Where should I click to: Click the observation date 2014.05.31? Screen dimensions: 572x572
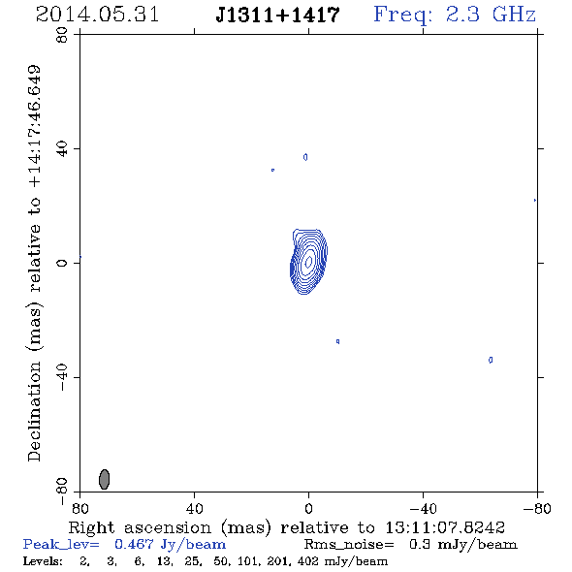97,15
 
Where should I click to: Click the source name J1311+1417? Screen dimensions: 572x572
278,15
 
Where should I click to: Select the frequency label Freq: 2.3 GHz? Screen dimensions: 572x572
455,15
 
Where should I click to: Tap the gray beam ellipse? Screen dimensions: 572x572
105,479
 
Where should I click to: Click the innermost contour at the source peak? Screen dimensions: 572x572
308,261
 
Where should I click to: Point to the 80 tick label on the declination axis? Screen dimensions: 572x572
62,35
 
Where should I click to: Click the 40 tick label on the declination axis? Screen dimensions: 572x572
62,149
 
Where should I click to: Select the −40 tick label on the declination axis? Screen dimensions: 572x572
62,377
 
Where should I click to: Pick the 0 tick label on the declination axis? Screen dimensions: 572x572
62,263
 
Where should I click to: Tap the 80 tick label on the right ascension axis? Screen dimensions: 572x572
79,508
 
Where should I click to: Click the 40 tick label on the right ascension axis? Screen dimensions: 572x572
194,508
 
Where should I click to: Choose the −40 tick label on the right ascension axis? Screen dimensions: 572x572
423,508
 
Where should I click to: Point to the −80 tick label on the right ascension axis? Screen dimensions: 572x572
537,508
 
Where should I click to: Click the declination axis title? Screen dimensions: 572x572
34,263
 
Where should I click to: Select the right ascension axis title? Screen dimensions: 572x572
286,527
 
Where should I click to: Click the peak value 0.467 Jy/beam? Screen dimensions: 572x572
171,545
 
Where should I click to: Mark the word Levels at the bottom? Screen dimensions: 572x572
43,561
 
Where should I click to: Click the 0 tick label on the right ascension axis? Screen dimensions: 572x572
308,508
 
